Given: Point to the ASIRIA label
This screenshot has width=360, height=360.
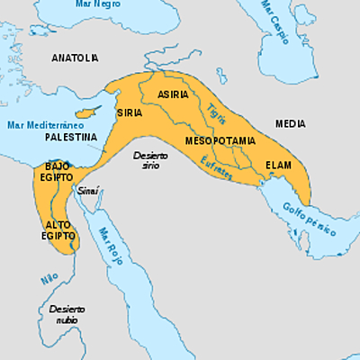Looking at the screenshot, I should [173, 94].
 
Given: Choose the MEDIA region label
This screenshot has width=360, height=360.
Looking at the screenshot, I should [290, 122].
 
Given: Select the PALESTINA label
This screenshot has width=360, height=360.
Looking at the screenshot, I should [67, 138].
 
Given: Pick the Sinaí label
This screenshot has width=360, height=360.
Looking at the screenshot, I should [88, 191].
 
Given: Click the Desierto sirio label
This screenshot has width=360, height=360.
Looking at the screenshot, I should [150, 161].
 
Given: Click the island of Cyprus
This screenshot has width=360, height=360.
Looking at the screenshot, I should [86, 113].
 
